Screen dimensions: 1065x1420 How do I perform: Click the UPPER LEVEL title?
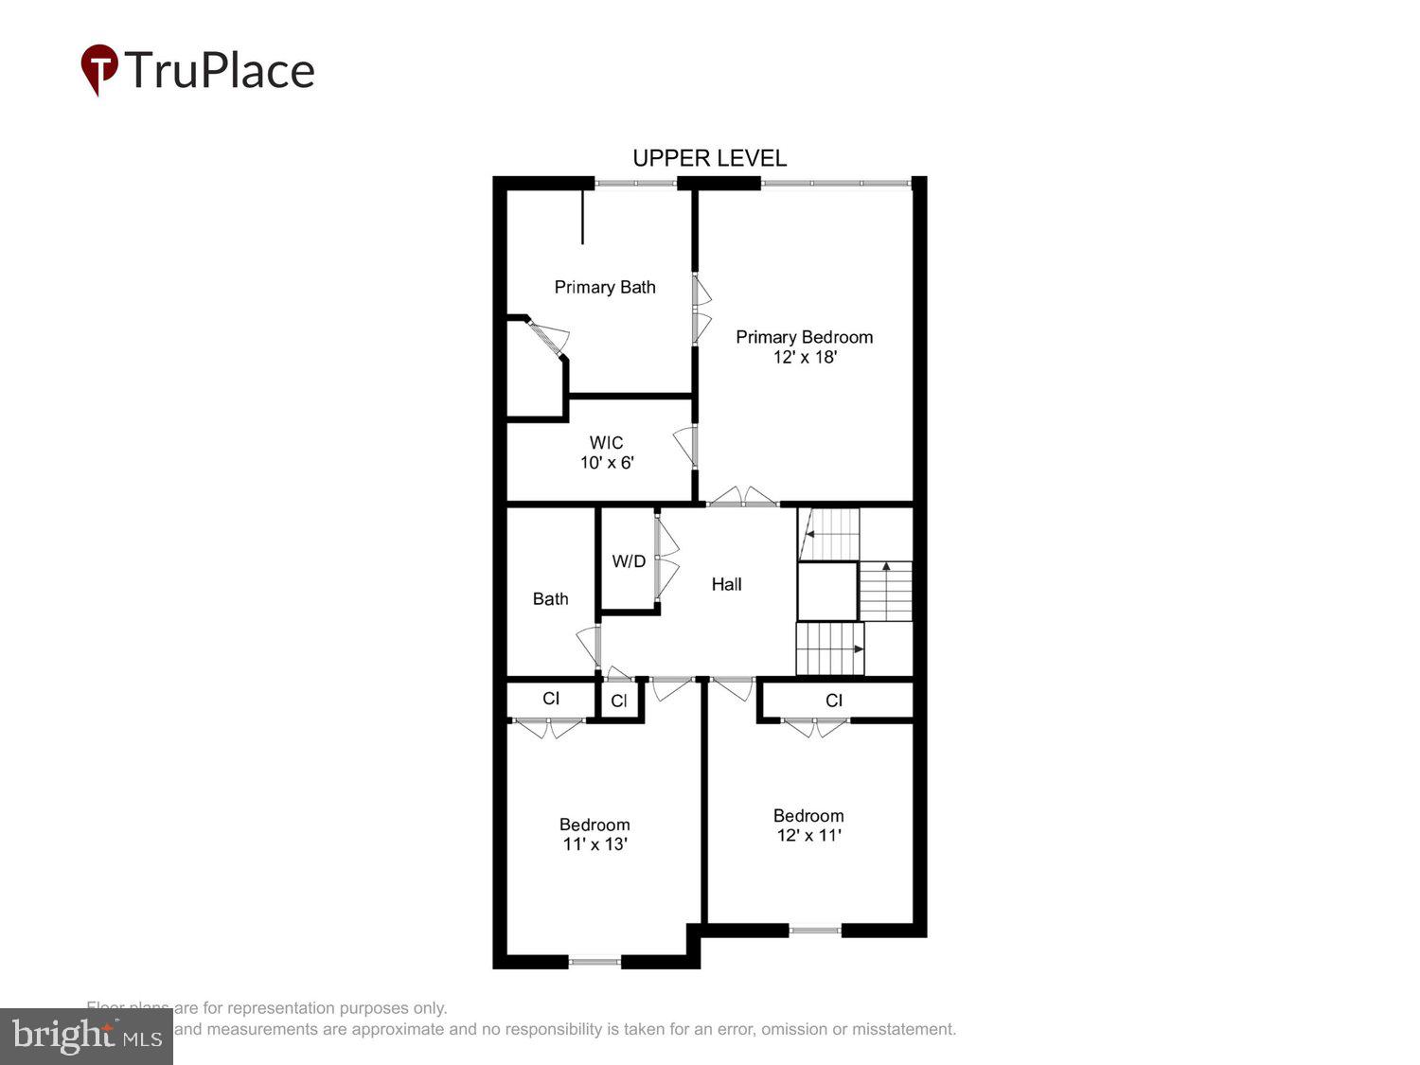(709, 158)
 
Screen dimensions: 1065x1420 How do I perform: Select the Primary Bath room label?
(604, 287)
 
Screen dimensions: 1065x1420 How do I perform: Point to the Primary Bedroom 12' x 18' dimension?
(805, 357)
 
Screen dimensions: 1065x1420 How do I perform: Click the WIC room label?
(606, 442)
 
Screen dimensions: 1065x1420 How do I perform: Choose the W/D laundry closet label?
(629, 561)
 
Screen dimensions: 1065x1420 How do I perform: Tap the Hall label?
(726, 584)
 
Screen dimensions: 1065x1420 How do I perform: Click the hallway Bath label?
(550, 598)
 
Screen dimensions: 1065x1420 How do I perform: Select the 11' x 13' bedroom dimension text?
(595, 843)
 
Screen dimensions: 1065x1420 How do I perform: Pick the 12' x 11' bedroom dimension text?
(808, 835)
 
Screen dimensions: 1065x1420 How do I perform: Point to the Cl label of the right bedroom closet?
(833, 701)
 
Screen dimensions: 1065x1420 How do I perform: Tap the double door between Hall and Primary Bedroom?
(744, 498)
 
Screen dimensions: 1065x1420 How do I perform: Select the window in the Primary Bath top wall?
(635, 183)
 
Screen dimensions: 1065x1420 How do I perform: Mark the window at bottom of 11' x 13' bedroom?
(595, 962)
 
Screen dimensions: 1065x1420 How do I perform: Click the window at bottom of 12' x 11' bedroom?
(815, 931)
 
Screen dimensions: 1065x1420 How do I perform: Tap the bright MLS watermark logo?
(86, 1037)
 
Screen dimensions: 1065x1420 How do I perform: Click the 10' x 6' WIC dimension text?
(606, 463)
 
